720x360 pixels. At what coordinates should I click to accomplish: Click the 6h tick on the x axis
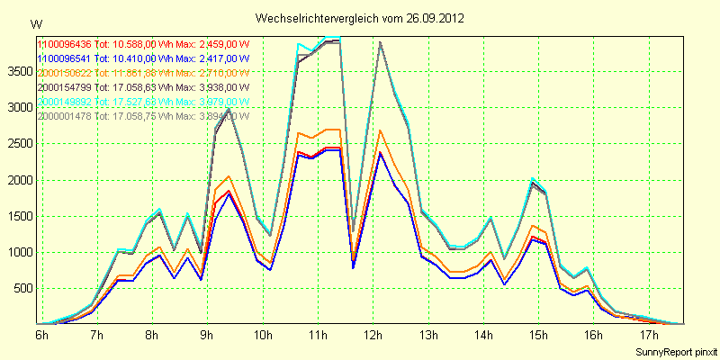point(41,335)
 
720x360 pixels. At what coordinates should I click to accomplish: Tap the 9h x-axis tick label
point(207,335)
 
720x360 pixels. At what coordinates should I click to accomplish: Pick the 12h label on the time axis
point(372,335)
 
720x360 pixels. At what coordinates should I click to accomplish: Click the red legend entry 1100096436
point(64,43)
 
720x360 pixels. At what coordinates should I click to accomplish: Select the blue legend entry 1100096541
point(64,58)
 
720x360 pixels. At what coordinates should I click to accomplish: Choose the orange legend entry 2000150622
point(64,72)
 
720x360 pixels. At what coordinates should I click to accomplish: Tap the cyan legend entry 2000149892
point(64,101)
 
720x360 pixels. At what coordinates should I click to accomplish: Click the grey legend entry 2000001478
point(64,115)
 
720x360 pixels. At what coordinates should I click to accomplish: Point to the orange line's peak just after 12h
point(381,130)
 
